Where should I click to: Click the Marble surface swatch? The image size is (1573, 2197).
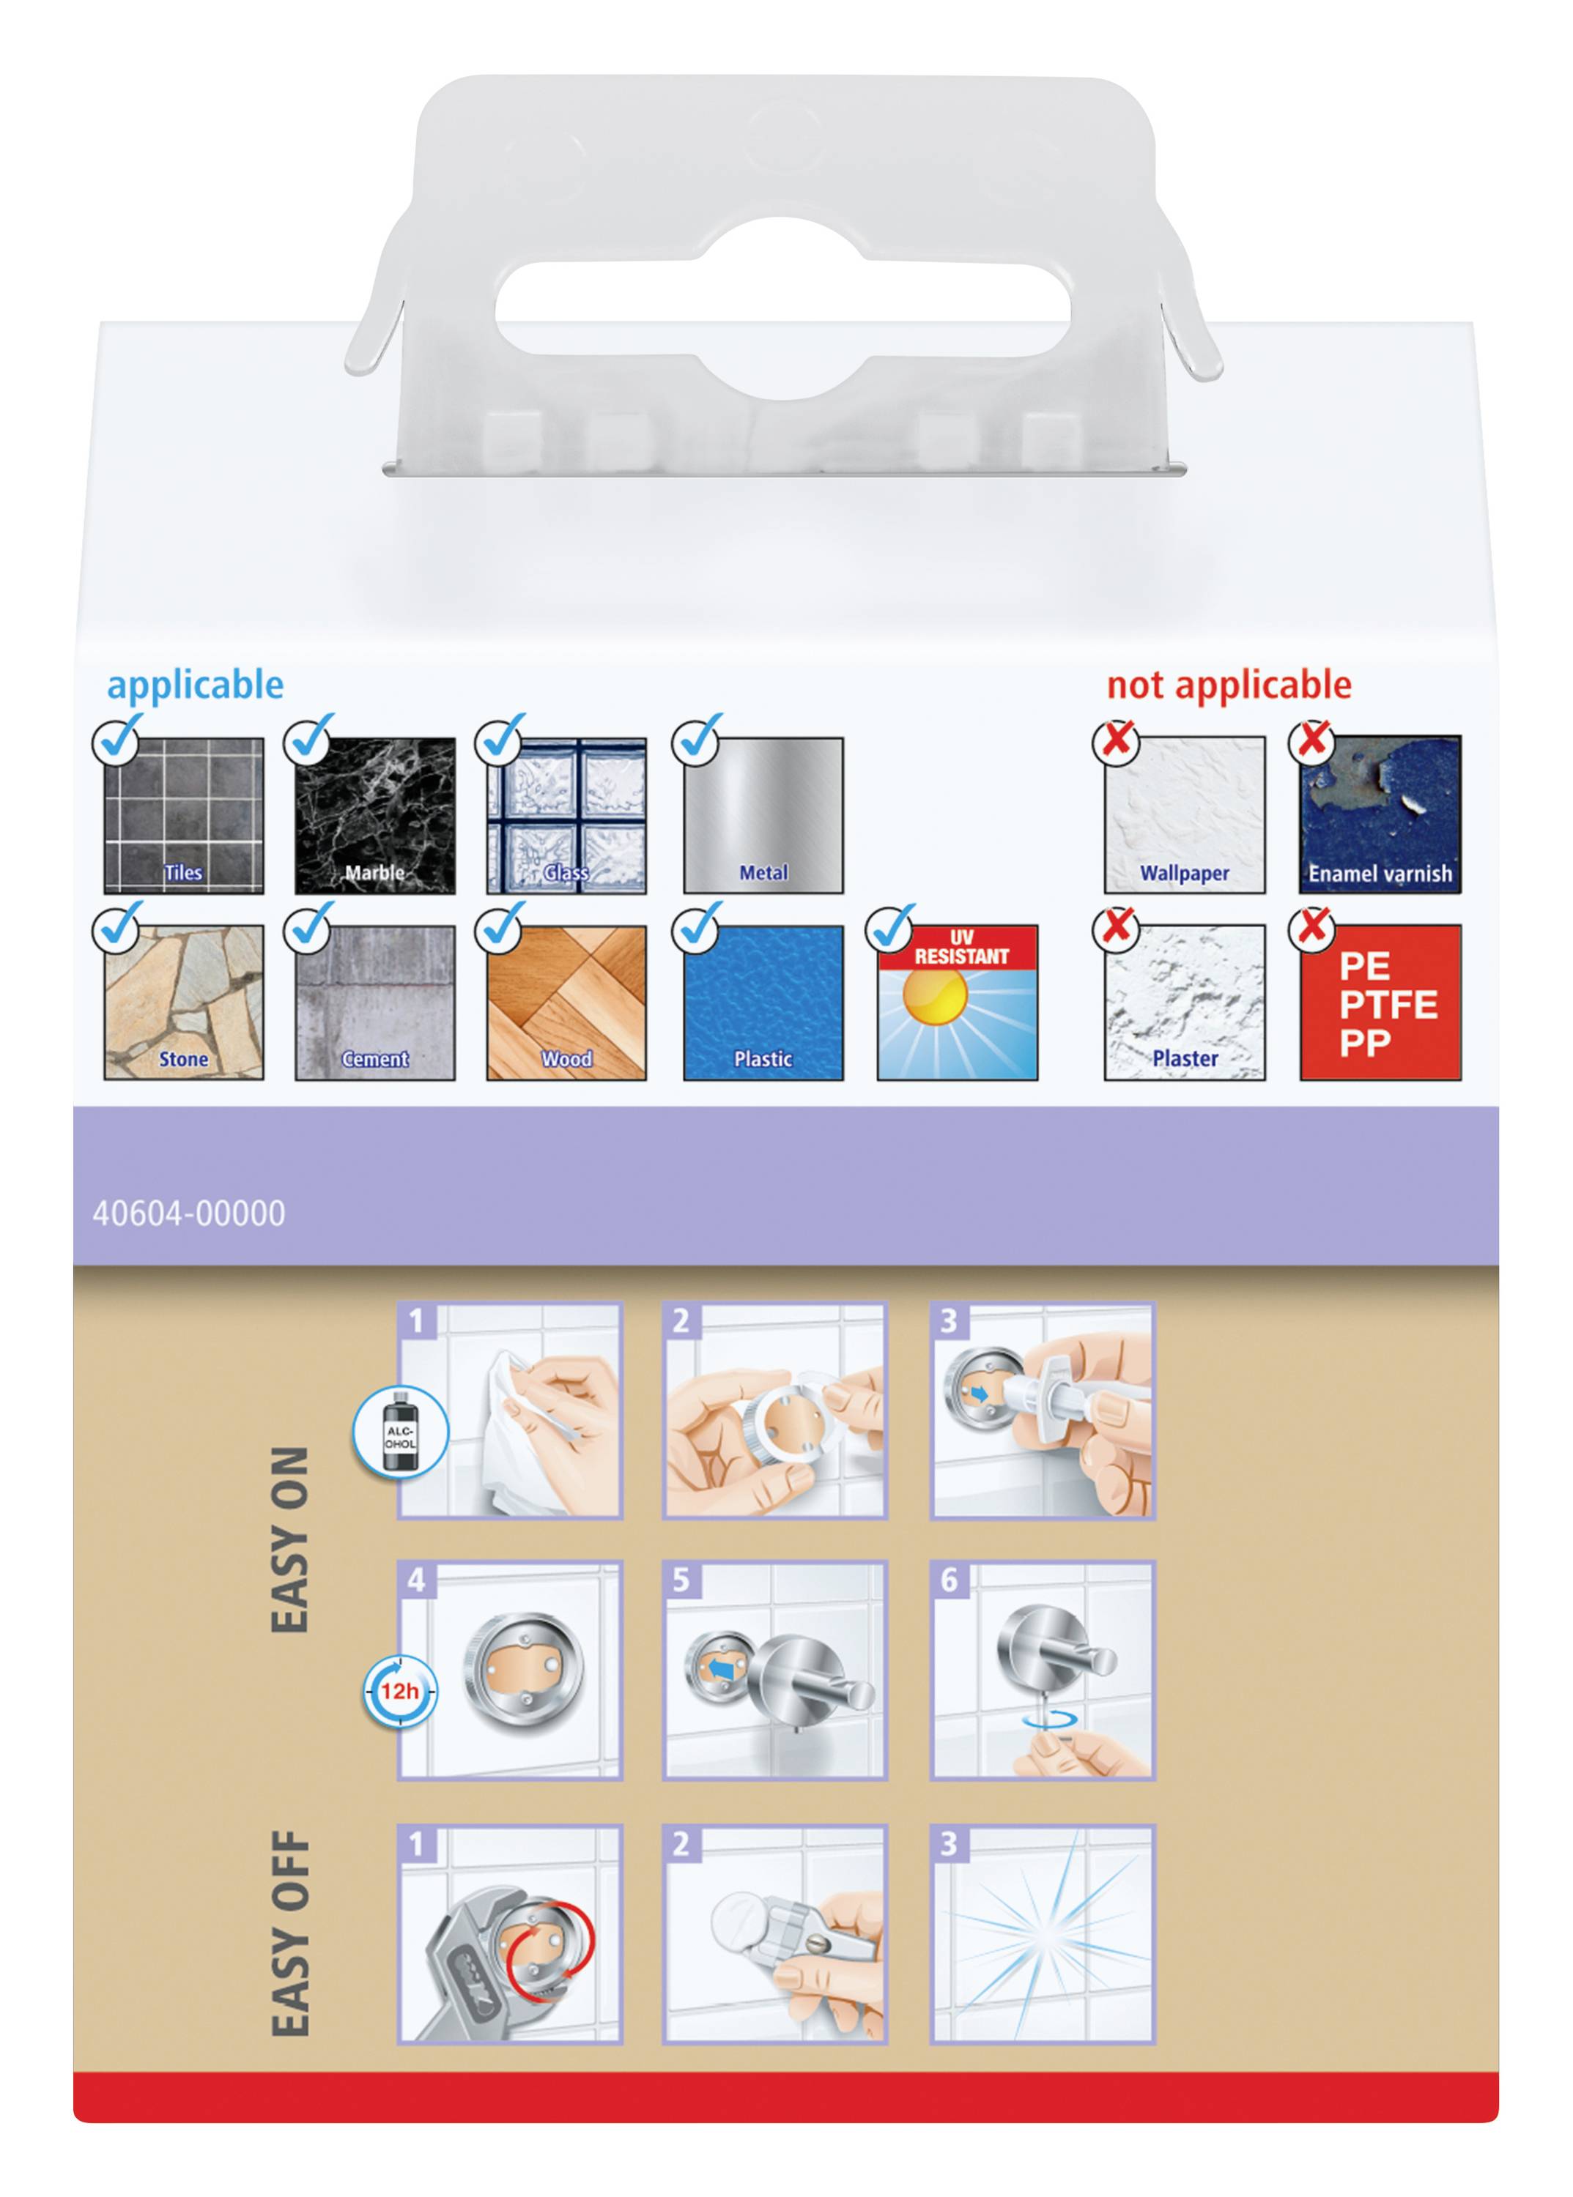pyautogui.click(x=375, y=814)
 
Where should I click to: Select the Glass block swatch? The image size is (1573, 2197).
pyautogui.click(x=566, y=814)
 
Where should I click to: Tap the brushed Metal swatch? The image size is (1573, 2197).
pyautogui.click(x=763, y=814)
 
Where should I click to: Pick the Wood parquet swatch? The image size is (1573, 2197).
pyautogui.click(x=566, y=1002)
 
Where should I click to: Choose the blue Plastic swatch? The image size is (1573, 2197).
pyautogui.click(x=763, y=1002)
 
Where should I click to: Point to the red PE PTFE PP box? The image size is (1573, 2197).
pyautogui.click(x=1380, y=1002)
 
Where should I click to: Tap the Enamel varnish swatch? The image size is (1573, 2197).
pyautogui.click(x=1380, y=814)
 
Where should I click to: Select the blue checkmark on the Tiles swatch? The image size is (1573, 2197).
pyautogui.click(x=118, y=737)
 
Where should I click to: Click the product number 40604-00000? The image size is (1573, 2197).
pyautogui.click(x=189, y=1213)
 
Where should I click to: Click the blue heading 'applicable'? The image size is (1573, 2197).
pyautogui.click(x=196, y=685)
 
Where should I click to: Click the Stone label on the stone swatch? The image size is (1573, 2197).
pyautogui.click(x=184, y=1059)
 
